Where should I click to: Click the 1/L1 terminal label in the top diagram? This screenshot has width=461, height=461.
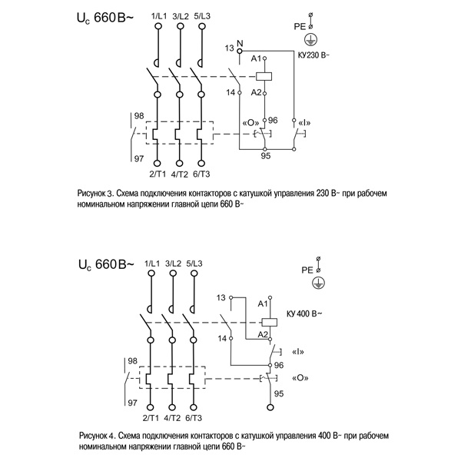coord(158,15)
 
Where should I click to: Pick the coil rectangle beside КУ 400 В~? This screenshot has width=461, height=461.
coord(269,321)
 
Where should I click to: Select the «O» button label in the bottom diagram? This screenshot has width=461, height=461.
coord(300,377)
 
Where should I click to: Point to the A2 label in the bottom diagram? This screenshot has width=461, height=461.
coord(262,334)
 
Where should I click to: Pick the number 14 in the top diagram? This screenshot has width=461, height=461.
coord(229,92)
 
